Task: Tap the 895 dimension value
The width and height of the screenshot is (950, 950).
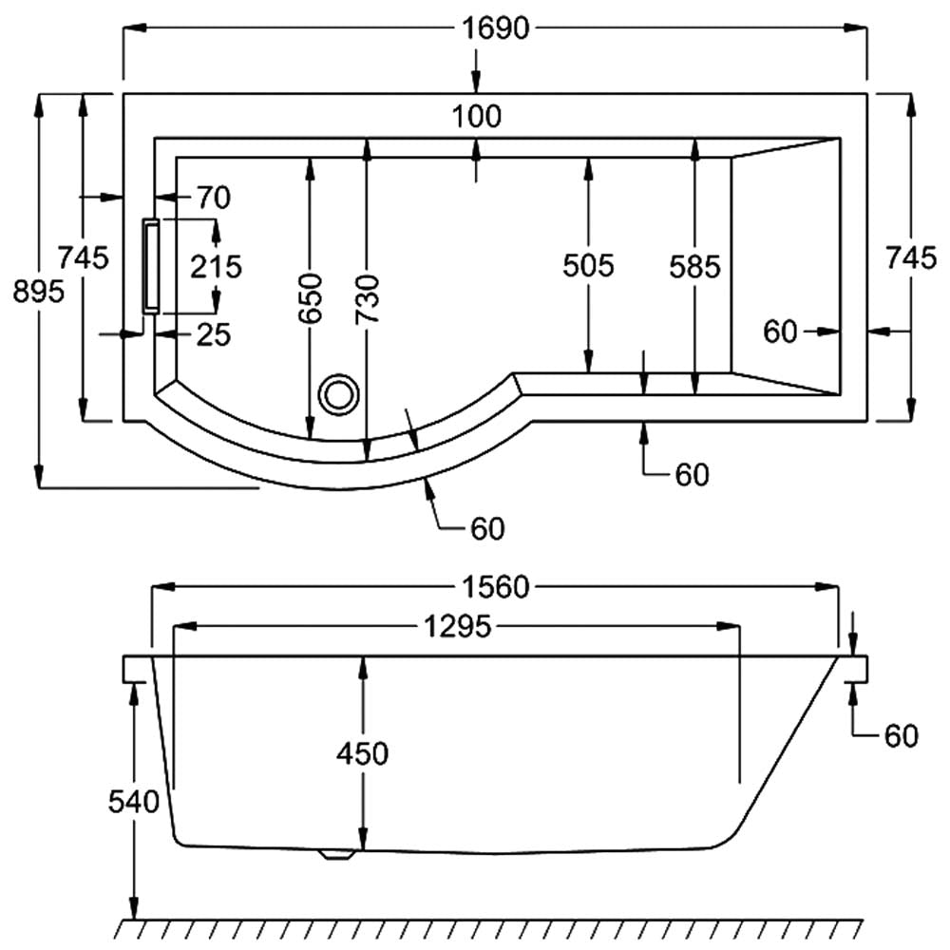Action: point(38,293)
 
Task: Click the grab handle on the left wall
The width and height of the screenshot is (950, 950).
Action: point(150,266)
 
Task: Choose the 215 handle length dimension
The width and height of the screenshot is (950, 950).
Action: point(216,266)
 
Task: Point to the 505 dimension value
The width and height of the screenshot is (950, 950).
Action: point(589,266)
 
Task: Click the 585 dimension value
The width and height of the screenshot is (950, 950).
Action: point(694,266)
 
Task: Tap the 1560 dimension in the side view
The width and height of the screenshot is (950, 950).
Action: point(496,588)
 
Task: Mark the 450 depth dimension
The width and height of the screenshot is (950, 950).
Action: point(362,754)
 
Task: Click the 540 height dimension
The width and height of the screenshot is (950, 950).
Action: point(133,804)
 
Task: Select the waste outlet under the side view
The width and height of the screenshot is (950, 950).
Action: point(336,854)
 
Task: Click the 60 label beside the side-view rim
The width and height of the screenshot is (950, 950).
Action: point(902,735)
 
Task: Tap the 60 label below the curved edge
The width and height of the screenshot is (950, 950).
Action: point(486,529)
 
